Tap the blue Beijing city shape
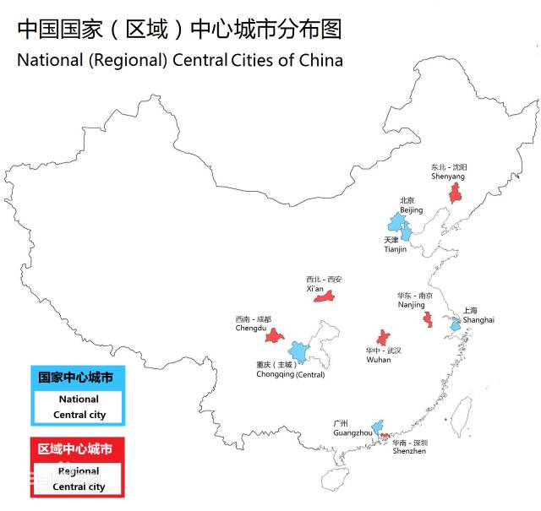coord(396,223)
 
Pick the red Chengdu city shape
coord(273,335)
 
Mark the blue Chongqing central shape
coord(298,351)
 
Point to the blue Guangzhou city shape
coord(379,425)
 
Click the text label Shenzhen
coord(409,452)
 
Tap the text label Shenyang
coord(449,177)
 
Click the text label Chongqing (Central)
coord(290,375)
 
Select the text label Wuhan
coord(379,360)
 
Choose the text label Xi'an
coord(315,289)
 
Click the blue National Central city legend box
coord(78,396)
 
